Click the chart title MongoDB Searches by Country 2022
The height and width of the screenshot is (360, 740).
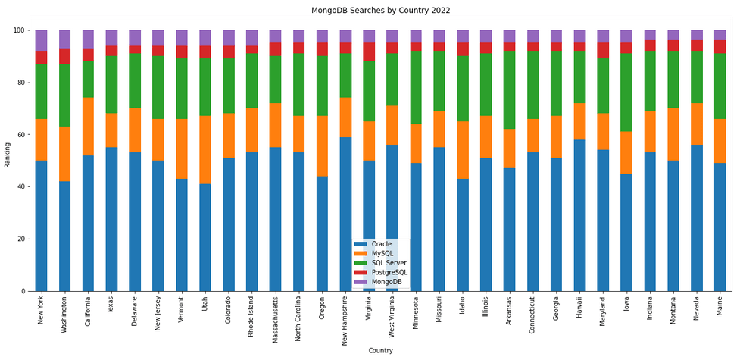point(380,11)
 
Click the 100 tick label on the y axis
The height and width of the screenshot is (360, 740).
point(18,30)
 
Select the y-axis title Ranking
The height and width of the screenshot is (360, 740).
point(8,154)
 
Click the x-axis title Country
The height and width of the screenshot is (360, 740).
point(380,351)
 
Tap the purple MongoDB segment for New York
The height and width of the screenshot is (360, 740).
point(42,41)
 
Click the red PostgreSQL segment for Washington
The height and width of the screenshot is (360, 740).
point(65,56)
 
